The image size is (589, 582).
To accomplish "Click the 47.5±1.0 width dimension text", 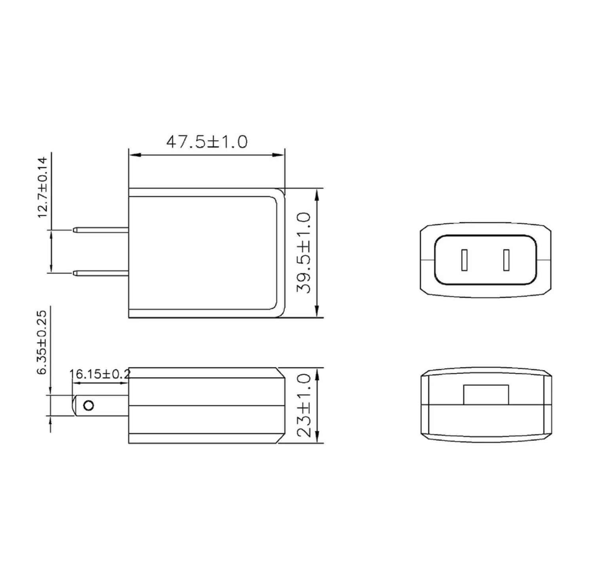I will click(x=207, y=142).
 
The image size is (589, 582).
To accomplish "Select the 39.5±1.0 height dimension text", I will click(x=304, y=253).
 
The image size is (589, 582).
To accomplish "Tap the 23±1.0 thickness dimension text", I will click(x=304, y=405).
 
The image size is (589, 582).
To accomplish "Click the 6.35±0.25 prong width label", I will click(x=42, y=342).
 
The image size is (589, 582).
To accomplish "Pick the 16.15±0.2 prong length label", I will click(x=100, y=374).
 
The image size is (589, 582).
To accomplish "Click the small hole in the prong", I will click(x=89, y=405).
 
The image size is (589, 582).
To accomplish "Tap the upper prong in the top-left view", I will click(x=101, y=230).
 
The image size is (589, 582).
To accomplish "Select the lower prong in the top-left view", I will click(x=101, y=273).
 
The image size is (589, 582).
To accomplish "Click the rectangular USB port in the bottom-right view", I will click(x=486, y=395).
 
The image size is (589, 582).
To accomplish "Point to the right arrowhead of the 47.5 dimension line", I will click(x=279, y=155).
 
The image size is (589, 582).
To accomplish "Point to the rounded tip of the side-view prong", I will click(x=74, y=405).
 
